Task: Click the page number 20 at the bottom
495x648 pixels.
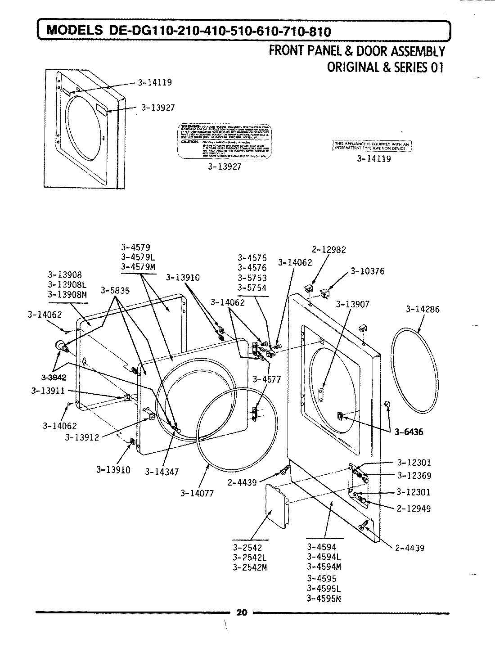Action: point(242,612)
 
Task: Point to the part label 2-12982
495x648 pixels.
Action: point(328,250)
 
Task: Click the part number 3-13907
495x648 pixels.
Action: point(352,305)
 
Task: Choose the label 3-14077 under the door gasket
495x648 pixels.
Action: point(197,493)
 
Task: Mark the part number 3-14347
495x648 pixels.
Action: point(162,472)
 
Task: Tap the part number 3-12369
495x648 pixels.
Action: point(414,476)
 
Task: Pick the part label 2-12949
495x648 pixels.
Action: point(414,508)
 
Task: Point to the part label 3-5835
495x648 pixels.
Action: point(115,291)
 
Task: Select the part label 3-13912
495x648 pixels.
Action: point(82,437)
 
